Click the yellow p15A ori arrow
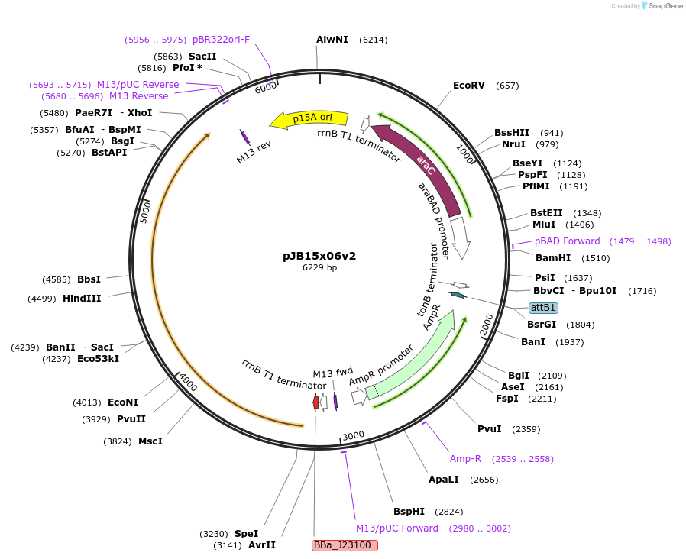pyautogui.click(x=309, y=118)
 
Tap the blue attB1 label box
pyautogui.click(x=542, y=308)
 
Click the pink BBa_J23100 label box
pyautogui.click(x=345, y=545)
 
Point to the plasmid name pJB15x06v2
pyautogui.click(x=319, y=256)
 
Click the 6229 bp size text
pyautogui.click(x=319, y=267)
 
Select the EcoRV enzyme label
pyautogui.click(x=468, y=86)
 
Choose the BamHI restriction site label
pyautogui.click(x=553, y=258)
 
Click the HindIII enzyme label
pyautogui.click(x=82, y=299)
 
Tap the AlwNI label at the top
pyautogui.click(x=332, y=40)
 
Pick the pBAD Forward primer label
pyautogui.click(x=567, y=241)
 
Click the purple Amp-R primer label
pyautogui.click(x=465, y=459)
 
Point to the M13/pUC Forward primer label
pyautogui.click(x=397, y=528)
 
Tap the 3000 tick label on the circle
pyautogui.click(x=353, y=436)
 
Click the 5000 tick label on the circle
pyautogui.click(x=146, y=211)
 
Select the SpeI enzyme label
pyautogui.click(x=246, y=534)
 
